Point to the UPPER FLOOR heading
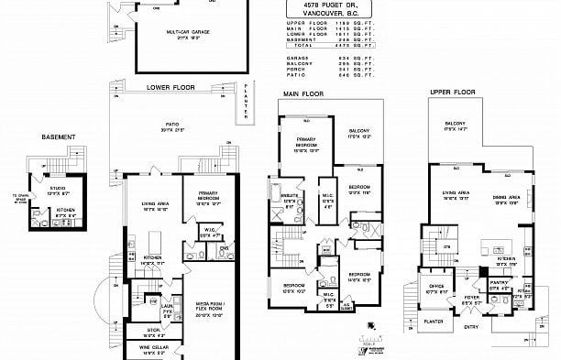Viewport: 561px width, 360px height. tap(452, 93)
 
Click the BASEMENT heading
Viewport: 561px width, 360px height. tap(58, 137)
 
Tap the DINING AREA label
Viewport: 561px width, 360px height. tap(507, 197)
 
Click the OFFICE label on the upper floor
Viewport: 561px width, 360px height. tap(434, 288)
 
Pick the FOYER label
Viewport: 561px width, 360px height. tap(471, 298)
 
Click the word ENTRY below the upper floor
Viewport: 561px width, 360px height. tap(470, 326)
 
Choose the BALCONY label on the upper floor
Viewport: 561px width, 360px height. tap(456, 125)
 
